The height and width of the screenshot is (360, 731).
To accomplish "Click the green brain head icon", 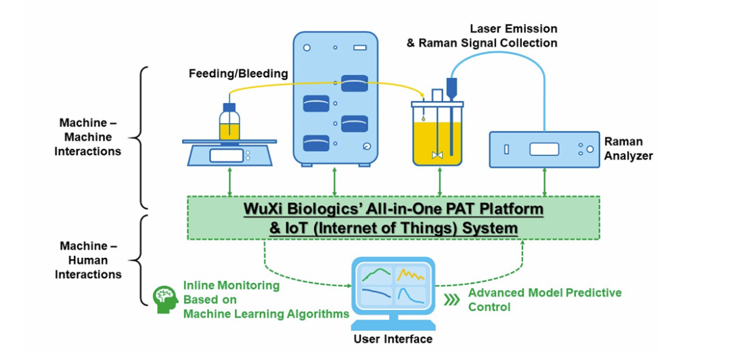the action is point(166,299).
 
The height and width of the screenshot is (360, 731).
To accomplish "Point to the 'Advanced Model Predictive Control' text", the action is point(544,300).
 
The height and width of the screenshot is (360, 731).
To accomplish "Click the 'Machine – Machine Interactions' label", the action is point(87,137).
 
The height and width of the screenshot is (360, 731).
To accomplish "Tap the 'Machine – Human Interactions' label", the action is point(88,261).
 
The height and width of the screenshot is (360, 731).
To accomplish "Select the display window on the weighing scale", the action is point(226,155).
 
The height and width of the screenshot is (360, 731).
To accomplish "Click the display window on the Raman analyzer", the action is point(544,150).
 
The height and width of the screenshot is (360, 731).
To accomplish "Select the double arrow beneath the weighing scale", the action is point(229,181).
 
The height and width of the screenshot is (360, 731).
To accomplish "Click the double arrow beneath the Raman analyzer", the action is point(544,181).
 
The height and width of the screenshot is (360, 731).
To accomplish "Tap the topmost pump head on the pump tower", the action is point(354,83).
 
